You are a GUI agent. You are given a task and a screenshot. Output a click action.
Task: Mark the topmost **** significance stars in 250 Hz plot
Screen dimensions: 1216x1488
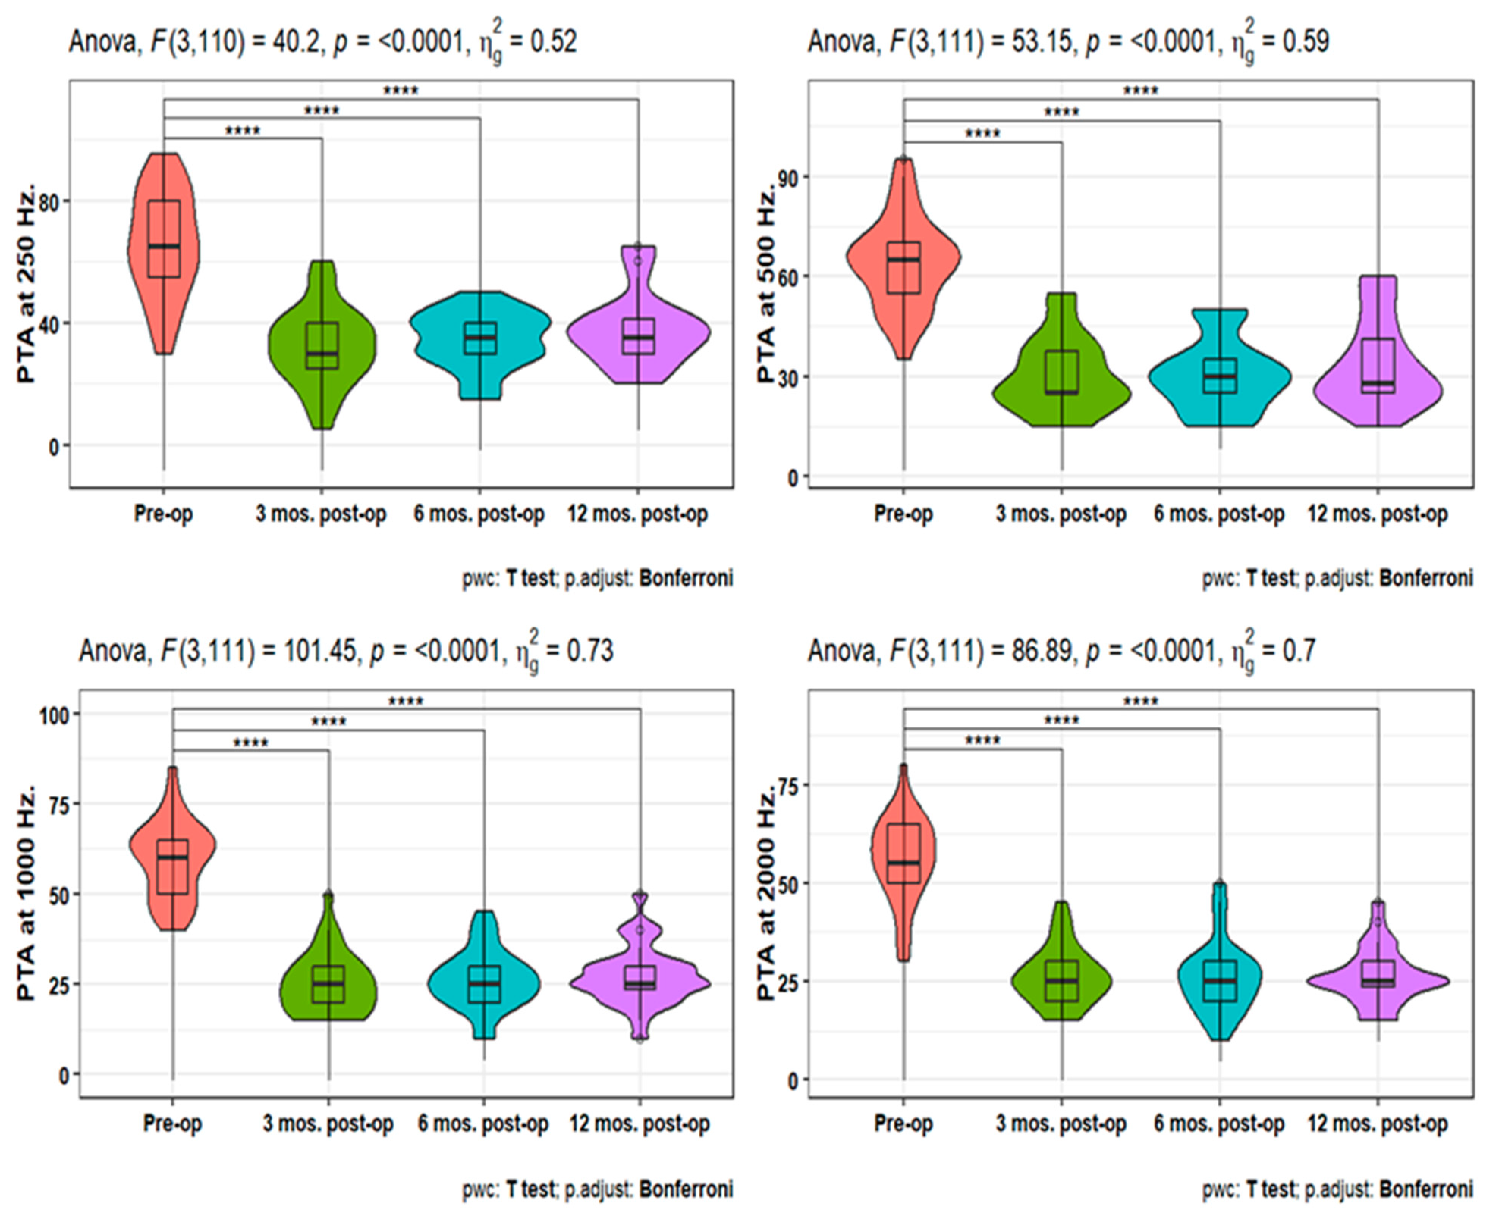click(401, 90)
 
